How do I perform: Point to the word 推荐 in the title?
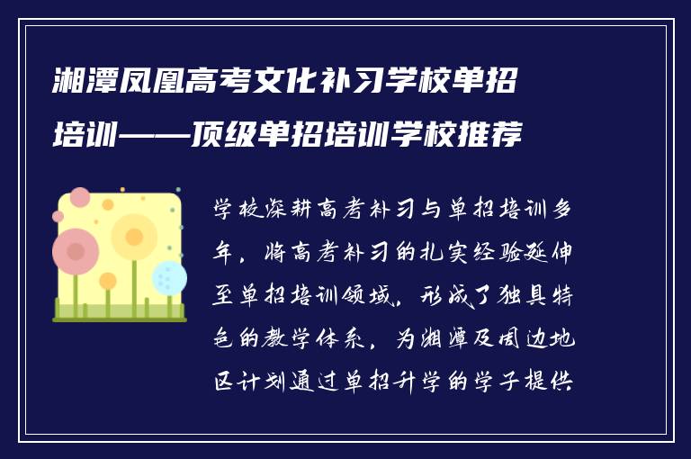[x=495, y=136]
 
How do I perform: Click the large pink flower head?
[x=76, y=251]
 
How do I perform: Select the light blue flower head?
[x=169, y=277]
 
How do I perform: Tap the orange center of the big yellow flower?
[x=134, y=237]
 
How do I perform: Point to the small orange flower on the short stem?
[x=108, y=282]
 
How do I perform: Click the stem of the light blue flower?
[x=168, y=304]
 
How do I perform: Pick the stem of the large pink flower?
[x=76, y=292]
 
